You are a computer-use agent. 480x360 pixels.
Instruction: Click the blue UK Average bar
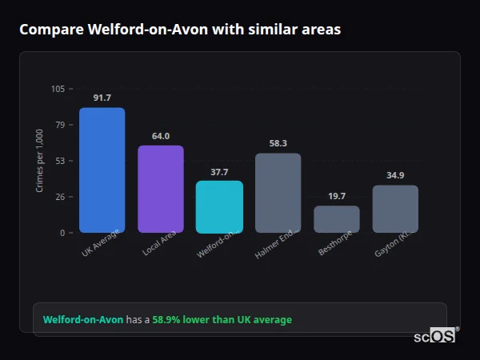[102, 170]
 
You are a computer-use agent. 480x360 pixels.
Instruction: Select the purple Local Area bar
[161, 189]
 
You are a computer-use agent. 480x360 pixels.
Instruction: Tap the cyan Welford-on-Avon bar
[219, 206]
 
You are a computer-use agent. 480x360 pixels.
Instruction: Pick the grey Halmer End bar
[278, 193]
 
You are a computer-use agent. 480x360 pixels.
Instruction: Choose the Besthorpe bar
[337, 219]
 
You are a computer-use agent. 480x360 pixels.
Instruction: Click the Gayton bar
[395, 209]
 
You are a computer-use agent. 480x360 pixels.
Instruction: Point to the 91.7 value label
[102, 98]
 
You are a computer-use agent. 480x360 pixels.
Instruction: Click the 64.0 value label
[161, 136]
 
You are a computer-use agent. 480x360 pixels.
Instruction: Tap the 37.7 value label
[219, 172]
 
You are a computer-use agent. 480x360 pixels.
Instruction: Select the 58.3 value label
[278, 143]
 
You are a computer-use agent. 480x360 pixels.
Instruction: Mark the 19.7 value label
[337, 196]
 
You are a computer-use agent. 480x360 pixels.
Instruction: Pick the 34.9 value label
[395, 175]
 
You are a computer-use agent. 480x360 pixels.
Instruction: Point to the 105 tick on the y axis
[58, 89]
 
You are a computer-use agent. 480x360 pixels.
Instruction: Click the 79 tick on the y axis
[60, 125]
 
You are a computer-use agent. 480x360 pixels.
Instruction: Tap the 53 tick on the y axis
[60, 161]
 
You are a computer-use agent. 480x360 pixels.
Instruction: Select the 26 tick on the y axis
[60, 197]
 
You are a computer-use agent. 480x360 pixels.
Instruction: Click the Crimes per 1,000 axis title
[39, 161]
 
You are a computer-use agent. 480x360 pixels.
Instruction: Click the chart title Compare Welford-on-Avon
[180, 30]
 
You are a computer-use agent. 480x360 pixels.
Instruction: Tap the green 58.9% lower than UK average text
[222, 320]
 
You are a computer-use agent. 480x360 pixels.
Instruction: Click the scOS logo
[434, 336]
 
